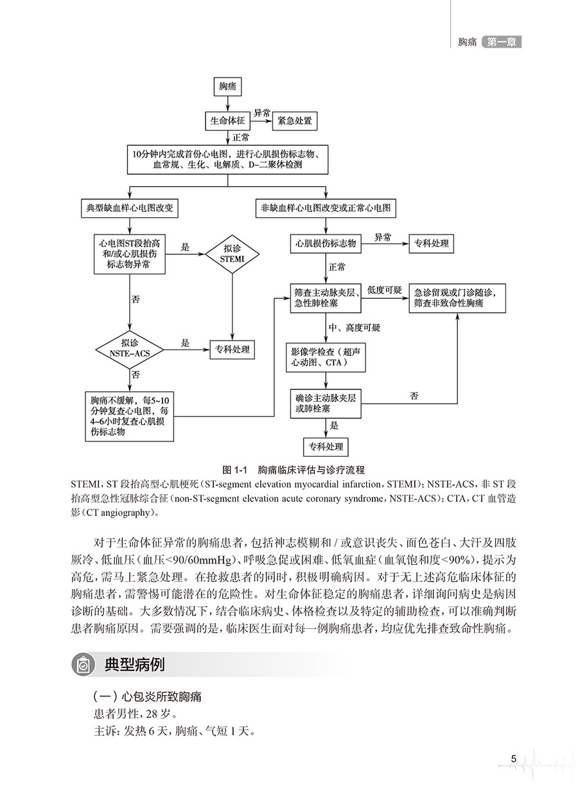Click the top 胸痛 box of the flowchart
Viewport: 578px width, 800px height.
227,87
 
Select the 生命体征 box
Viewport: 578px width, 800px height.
227,120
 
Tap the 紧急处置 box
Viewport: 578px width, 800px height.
295,120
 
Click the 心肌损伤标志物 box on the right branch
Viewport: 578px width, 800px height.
326,244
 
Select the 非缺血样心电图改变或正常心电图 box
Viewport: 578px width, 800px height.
326,209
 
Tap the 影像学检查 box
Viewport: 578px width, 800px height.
326,357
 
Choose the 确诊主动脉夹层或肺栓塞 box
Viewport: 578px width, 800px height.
326,403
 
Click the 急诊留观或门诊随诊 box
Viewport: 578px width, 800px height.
457,297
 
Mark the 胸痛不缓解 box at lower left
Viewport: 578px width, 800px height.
130,415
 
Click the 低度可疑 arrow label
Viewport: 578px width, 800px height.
384,290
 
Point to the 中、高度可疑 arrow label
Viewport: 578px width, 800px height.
355,328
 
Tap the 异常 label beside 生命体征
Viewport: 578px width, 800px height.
262,112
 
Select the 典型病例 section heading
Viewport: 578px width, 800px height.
134,664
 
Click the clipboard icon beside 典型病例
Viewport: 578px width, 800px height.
83,664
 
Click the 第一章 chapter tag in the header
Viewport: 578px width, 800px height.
502,42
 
